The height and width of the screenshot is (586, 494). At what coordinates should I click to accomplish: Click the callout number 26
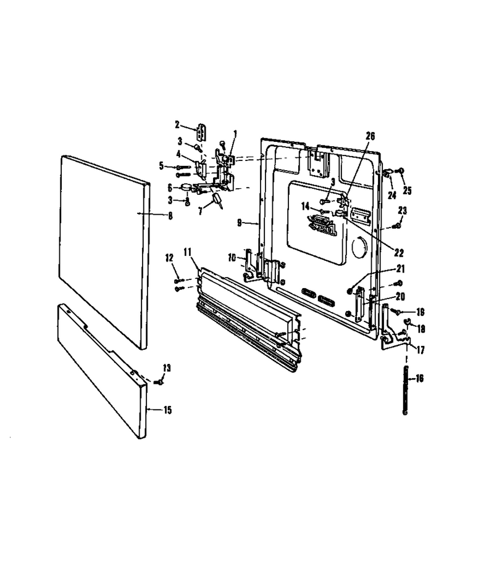point(370,136)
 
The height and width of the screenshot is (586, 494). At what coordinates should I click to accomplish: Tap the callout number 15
point(167,410)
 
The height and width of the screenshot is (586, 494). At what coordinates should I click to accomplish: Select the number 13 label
point(167,368)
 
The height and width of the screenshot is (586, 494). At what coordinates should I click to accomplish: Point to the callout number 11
point(188,252)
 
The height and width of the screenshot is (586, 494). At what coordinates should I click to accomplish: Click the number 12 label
point(170,257)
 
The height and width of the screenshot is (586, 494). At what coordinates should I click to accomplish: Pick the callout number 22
point(399,253)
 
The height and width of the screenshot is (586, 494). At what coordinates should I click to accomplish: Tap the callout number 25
point(407,190)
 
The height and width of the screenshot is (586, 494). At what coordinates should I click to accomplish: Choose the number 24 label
point(391,195)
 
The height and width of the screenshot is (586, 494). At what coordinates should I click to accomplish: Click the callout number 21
point(401,269)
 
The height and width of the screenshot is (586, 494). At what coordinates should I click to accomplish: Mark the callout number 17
point(421,350)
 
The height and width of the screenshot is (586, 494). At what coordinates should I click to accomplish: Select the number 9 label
point(240,223)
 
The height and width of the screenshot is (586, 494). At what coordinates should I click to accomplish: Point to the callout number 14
point(306,206)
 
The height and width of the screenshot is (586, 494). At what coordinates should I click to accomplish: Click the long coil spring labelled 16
point(405,390)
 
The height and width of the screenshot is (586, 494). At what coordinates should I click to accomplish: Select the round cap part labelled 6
point(186,187)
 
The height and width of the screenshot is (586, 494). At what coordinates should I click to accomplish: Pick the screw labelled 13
point(158,382)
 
